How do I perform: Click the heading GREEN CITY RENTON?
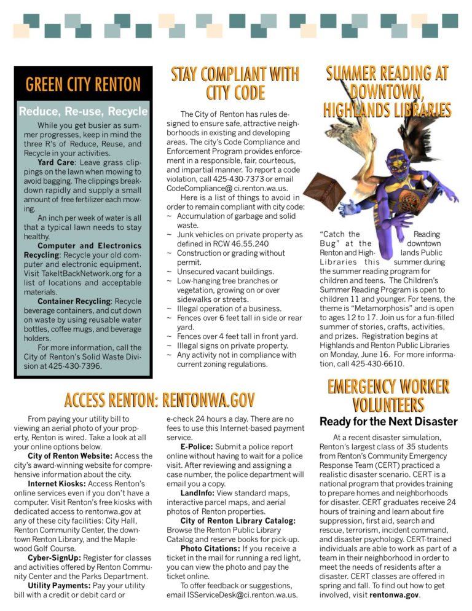coord(83,84)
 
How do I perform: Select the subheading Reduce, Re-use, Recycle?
coord(83,111)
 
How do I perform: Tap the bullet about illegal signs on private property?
coord(232,345)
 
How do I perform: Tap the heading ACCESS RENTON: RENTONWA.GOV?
coord(159,400)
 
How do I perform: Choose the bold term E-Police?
coord(197,446)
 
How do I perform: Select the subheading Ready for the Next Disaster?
coord(388,422)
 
